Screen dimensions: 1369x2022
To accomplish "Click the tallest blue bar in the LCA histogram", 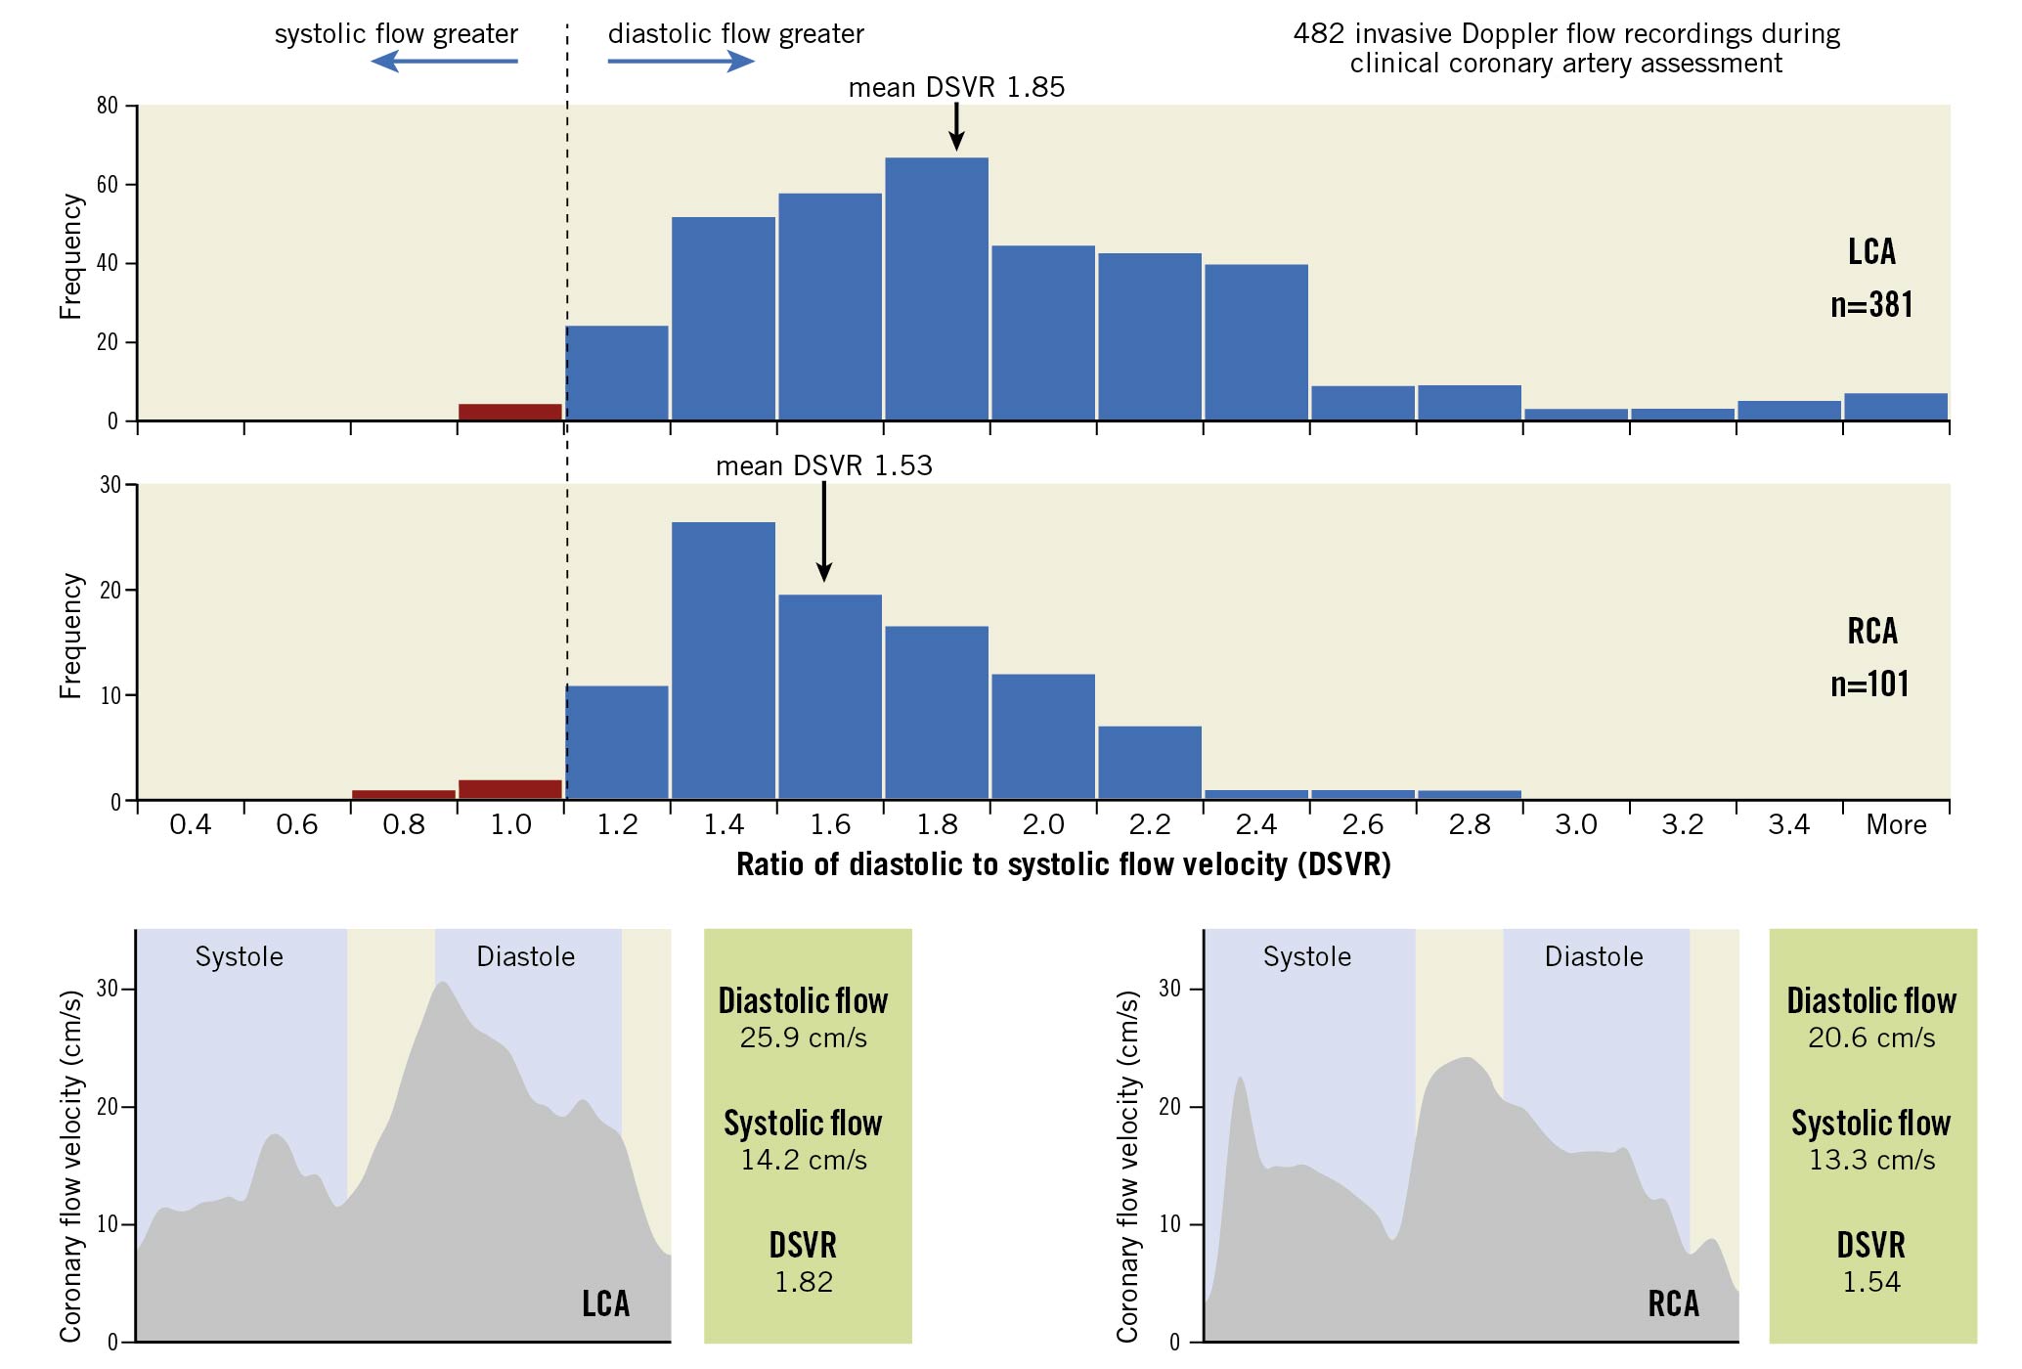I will (936, 288).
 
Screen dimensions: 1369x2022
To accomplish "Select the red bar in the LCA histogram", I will (510, 412).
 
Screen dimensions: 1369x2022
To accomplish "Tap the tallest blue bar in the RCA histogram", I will (724, 661).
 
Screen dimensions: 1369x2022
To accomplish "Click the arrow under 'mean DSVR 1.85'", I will (956, 127).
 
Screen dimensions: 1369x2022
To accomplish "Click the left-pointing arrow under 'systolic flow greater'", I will (445, 62).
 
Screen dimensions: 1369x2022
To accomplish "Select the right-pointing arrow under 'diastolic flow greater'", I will (681, 62).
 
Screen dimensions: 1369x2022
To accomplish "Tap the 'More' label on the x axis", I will (1896, 825).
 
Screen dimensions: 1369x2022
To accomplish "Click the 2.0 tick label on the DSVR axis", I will (1043, 825).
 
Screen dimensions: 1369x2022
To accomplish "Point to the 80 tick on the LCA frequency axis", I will (107, 106).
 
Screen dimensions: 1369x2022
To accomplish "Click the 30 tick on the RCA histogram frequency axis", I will (110, 485).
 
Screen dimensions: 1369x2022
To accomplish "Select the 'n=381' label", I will (1871, 304).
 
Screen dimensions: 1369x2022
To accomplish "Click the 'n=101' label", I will (1869, 684).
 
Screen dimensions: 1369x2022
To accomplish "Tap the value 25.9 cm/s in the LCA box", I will (804, 1038).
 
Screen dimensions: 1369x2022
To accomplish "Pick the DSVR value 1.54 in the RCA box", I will (1871, 1282).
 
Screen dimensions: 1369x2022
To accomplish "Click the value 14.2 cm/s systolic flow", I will (804, 1160).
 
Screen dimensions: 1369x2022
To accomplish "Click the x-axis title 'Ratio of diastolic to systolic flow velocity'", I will (1063, 864).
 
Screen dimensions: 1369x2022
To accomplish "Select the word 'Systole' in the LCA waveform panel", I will (240, 956).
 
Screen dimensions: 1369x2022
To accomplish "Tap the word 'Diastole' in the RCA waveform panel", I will (1594, 956).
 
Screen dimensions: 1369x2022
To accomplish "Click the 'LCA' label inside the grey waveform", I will (605, 1303).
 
